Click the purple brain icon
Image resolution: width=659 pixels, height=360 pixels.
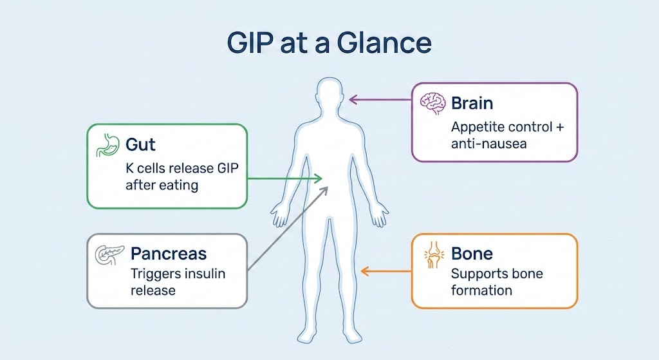432,103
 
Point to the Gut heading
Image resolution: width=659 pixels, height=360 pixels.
140,144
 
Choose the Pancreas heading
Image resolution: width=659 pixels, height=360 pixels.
168,253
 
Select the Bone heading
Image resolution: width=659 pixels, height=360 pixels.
472,253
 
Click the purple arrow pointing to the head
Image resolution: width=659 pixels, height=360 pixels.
380,100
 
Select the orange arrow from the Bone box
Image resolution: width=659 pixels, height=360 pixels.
386,271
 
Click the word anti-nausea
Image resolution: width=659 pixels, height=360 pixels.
488,144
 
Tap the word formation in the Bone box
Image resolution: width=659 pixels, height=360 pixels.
481,290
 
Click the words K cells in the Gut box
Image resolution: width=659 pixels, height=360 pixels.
145,169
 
